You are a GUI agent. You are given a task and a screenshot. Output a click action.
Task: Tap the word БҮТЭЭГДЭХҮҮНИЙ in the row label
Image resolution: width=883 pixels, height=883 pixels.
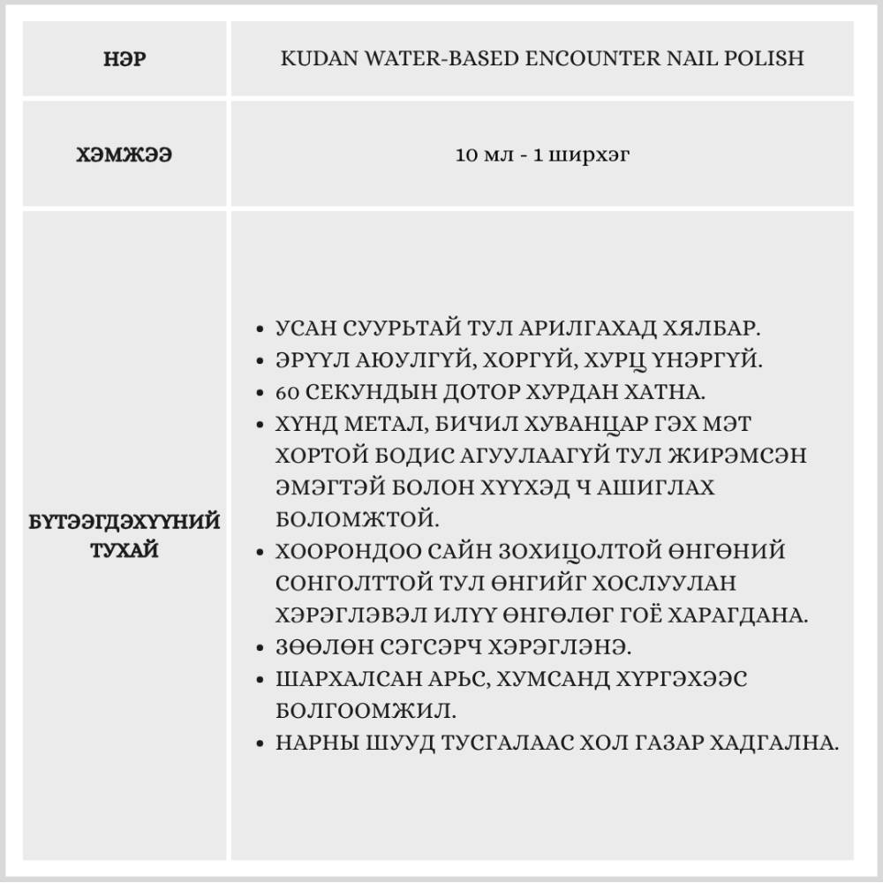point(124,522)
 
